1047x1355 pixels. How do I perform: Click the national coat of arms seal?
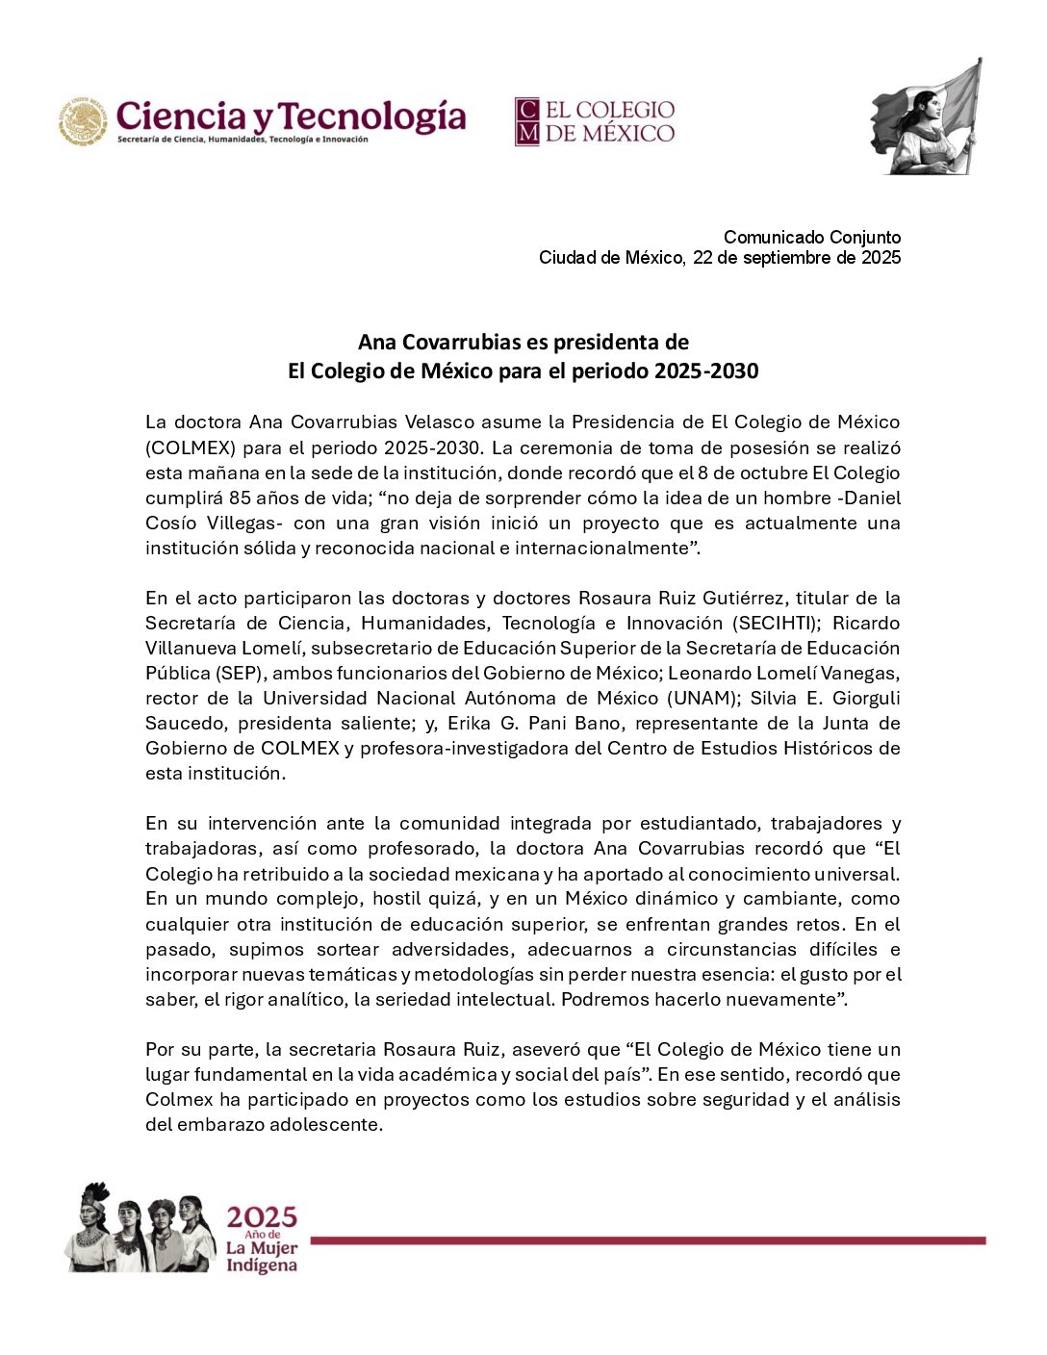point(83,121)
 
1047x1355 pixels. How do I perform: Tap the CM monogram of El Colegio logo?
point(526,121)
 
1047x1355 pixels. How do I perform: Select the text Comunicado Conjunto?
point(812,237)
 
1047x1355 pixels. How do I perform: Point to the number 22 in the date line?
point(702,257)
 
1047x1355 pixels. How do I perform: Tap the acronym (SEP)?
point(190,673)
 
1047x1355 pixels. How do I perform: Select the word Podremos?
point(604,999)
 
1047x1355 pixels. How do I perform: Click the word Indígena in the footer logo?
point(262,1266)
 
